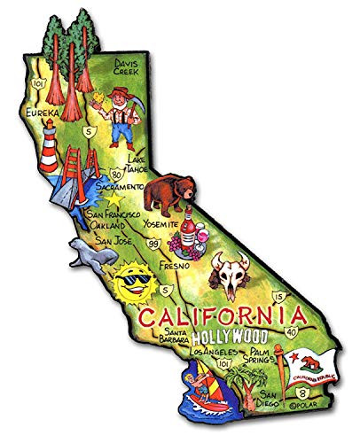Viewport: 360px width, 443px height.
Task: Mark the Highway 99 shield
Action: click(155, 243)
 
